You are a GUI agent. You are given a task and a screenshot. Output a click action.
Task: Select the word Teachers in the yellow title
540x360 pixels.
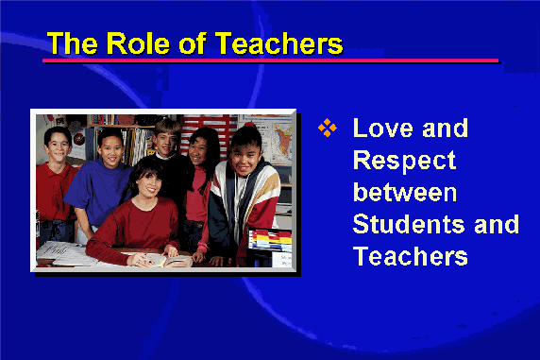click(x=279, y=43)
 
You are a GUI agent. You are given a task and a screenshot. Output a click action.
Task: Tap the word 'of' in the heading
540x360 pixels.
click(x=193, y=43)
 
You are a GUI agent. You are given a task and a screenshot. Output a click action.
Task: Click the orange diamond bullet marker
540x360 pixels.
click(x=328, y=128)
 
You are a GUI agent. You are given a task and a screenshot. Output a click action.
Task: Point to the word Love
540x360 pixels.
click(x=382, y=128)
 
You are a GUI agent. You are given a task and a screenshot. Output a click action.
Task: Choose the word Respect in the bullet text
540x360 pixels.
click(x=405, y=161)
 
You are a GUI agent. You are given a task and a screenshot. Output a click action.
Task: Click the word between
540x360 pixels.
click(x=405, y=192)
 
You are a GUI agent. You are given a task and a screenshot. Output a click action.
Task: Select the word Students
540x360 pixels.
click(x=409, y=224)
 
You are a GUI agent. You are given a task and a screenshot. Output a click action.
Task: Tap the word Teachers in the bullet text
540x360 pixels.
click(x=411, y=256)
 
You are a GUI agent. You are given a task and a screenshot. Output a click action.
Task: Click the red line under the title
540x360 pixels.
click(x=271, y=60)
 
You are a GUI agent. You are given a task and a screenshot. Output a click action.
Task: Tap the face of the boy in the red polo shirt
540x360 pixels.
click(x=58, y=146)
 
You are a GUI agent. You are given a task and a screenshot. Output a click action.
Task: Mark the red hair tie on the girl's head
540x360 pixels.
click(x=250, y=125)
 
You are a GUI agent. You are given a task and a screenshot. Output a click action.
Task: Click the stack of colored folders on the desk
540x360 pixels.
click(x=270, y=240)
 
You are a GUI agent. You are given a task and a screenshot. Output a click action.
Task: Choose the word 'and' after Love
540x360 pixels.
click(x=445, y=128)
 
